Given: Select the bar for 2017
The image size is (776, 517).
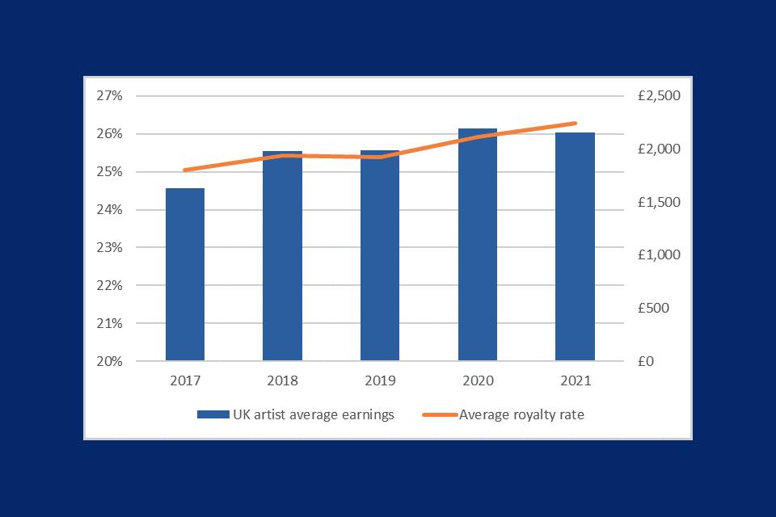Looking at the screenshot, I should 185,275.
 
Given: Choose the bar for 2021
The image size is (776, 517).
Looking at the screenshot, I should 575,246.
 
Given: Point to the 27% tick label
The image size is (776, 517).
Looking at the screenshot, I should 109,96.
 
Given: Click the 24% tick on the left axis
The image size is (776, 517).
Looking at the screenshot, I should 109,210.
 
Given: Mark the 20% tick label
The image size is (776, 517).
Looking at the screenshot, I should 109,362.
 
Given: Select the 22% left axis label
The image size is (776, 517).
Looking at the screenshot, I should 109,286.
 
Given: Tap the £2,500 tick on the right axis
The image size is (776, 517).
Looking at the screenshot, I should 659,96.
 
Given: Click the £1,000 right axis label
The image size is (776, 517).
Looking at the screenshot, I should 659,255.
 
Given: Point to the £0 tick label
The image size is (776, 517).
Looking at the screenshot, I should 646,362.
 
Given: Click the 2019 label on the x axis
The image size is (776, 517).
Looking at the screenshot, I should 380,380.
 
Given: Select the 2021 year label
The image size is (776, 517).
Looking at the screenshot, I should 575,380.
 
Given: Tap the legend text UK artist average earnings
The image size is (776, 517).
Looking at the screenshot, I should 313,415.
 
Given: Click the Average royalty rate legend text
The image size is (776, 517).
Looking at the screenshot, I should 521,415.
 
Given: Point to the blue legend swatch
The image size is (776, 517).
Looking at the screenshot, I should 213,415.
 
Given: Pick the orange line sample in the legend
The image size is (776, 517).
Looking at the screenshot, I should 440,415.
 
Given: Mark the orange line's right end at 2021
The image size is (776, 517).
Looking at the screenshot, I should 575,124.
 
